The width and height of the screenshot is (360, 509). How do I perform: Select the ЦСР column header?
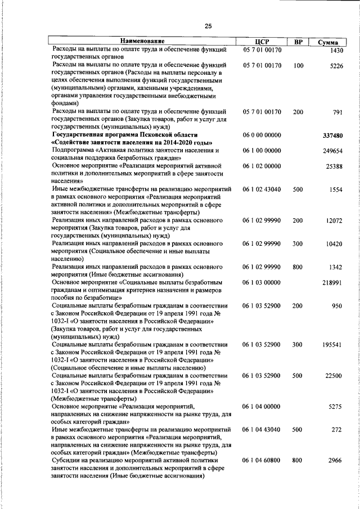pos(262,42)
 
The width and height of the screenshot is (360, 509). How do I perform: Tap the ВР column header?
pos(299,42)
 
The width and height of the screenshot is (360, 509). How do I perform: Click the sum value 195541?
pos(332,344)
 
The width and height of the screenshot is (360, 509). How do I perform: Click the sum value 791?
pos(337,112)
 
